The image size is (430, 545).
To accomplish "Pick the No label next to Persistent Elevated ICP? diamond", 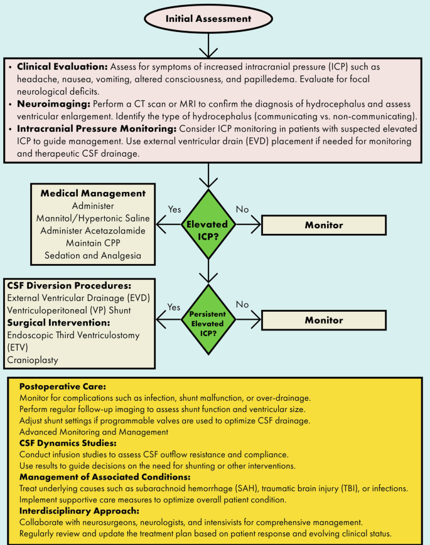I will [x=241, y=305].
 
